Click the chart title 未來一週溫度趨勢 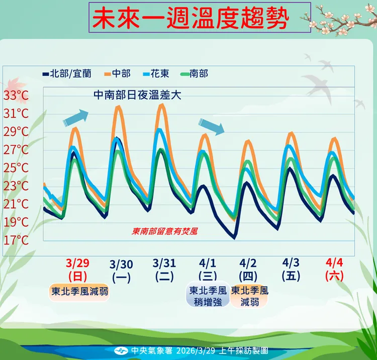[x=191, y=19]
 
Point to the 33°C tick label [x=16, y=95]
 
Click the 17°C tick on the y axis [x=16, y=240]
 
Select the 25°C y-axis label [x=16, y=168]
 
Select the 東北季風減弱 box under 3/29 [x=80, y=291]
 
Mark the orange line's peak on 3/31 [x=162, y=105]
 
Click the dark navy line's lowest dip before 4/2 [x=234, y=238]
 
